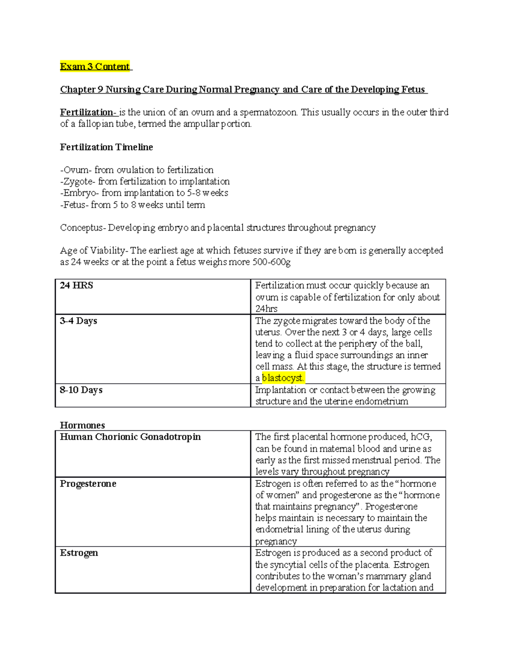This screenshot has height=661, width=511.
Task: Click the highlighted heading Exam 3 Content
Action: (x=95, y=66)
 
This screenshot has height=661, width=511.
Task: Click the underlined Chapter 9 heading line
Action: (x=243, y=89)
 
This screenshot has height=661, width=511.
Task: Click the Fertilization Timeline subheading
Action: (x=106, y=147)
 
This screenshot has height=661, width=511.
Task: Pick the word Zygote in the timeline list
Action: (x=78, y=182)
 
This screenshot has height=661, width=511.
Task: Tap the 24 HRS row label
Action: (x=77, y=286)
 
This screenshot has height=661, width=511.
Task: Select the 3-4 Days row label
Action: (x=79, y=321)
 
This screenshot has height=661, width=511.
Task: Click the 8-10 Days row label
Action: (x=81, y=390)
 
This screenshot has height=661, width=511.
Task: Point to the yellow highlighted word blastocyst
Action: (x=283, y=378)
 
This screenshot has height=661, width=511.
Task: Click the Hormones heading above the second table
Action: (x=82, y=425)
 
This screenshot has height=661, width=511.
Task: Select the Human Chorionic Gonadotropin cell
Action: (x=130, y=437)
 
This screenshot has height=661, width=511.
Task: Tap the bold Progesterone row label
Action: (x=88, y=484)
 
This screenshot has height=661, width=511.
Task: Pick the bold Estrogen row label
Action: (x=79, y=553)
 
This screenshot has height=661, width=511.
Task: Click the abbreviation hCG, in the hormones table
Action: (x=421, y=437)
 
